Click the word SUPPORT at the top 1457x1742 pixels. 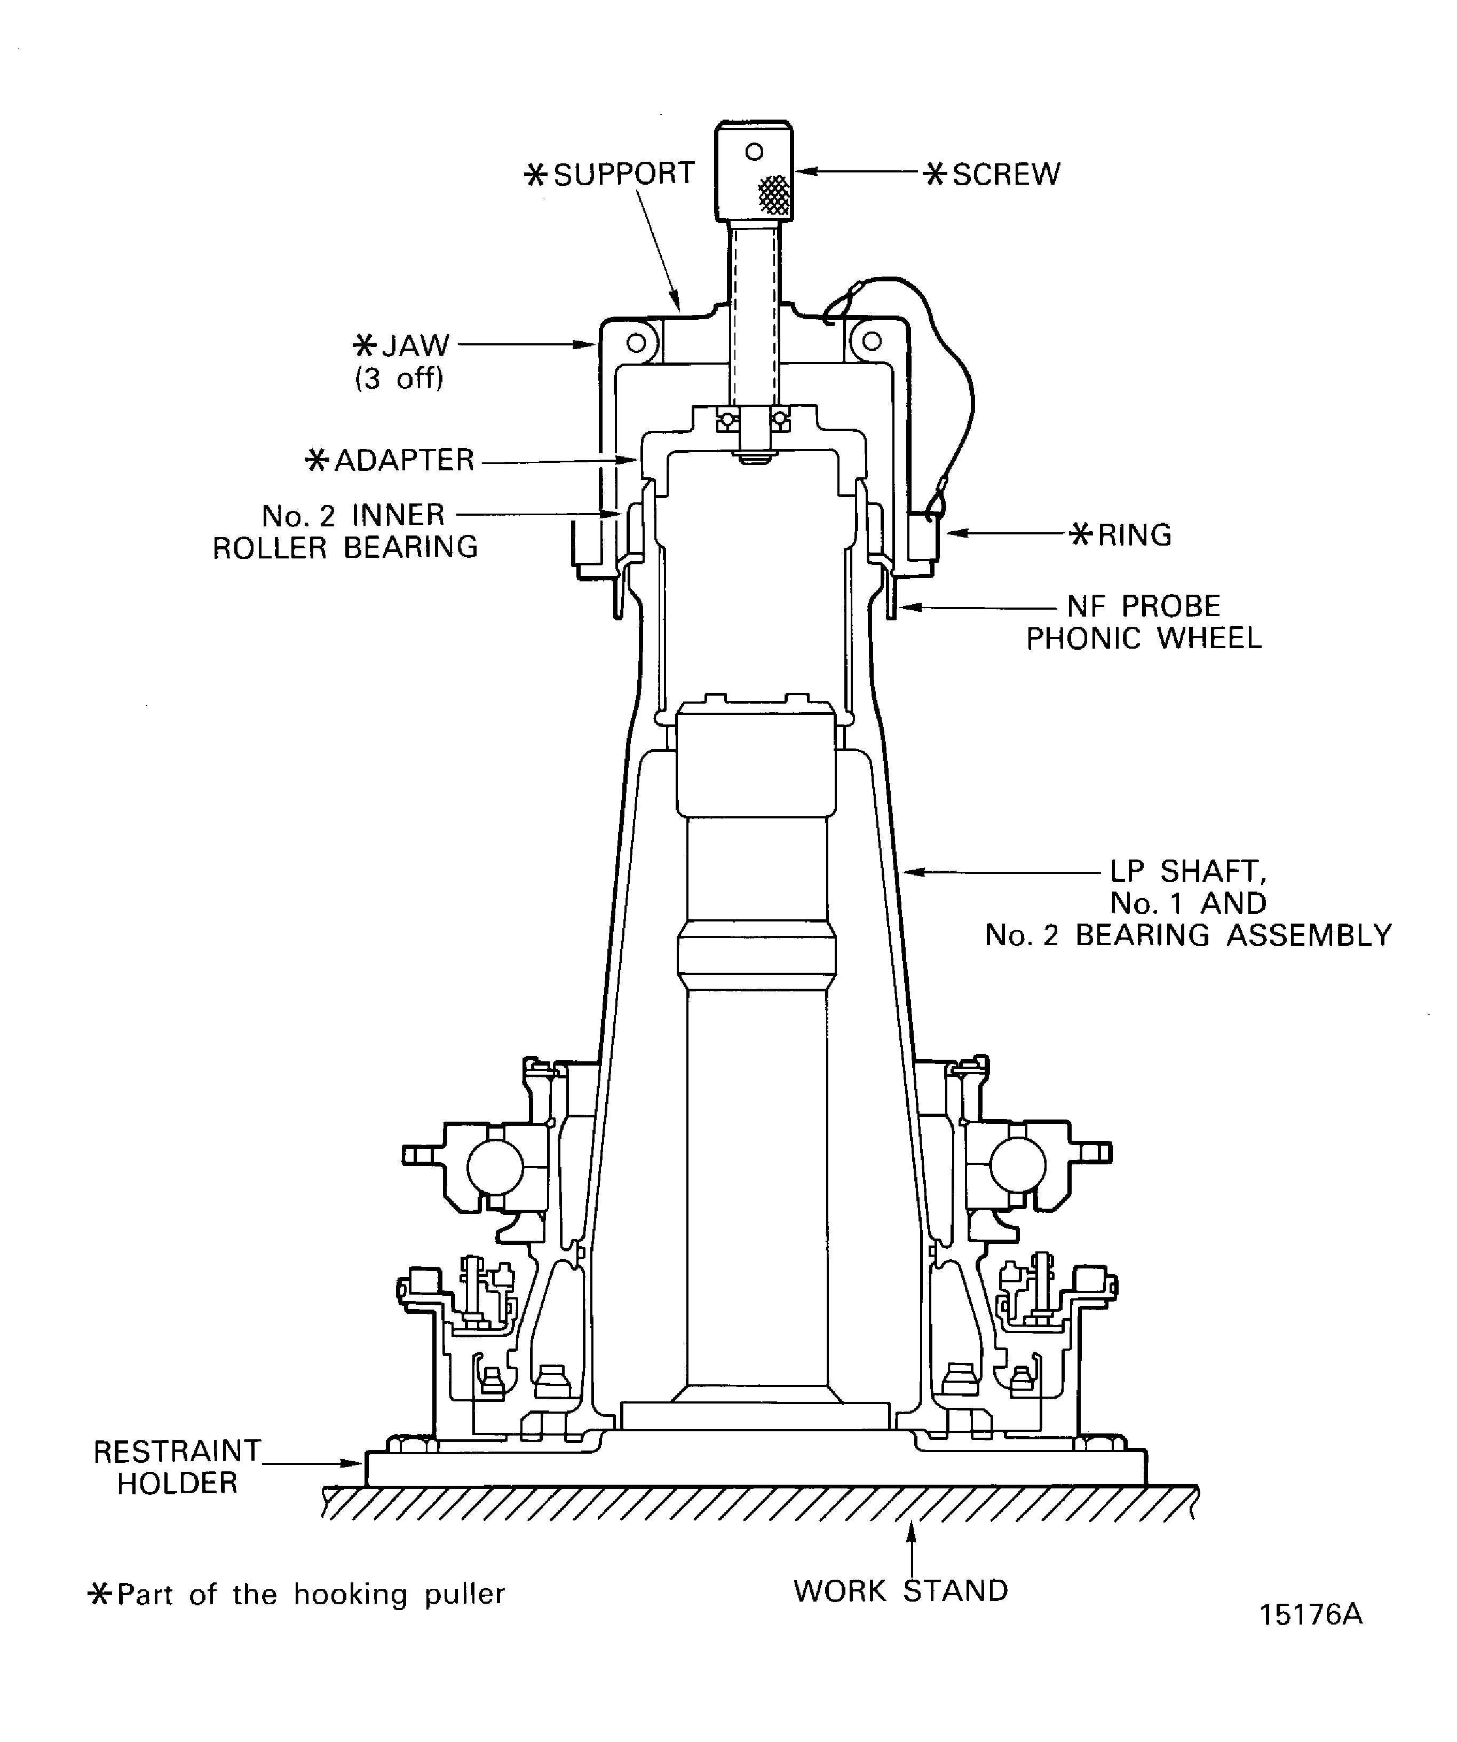coord(623,174)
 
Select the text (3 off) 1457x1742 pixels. coord(399,379)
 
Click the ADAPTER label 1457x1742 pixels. coord(403,460)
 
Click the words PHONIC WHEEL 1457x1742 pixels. coord(1144,639)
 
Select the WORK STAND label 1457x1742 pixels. coord(900,1591)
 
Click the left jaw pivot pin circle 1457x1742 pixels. coord(636,342)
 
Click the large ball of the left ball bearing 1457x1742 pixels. coord(495,1166)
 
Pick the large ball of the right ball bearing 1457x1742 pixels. coord(1017,1165)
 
